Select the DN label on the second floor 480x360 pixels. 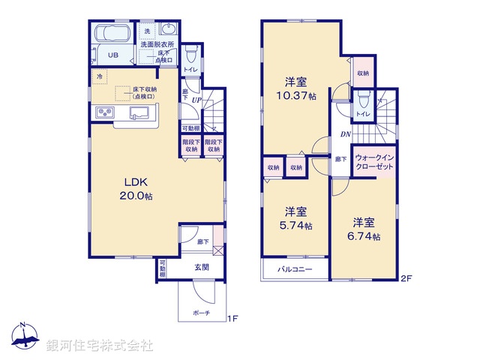[x=346, y=135]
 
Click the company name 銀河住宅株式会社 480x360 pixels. [x=100, y=346]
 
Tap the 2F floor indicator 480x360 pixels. [x=406, y=279]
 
